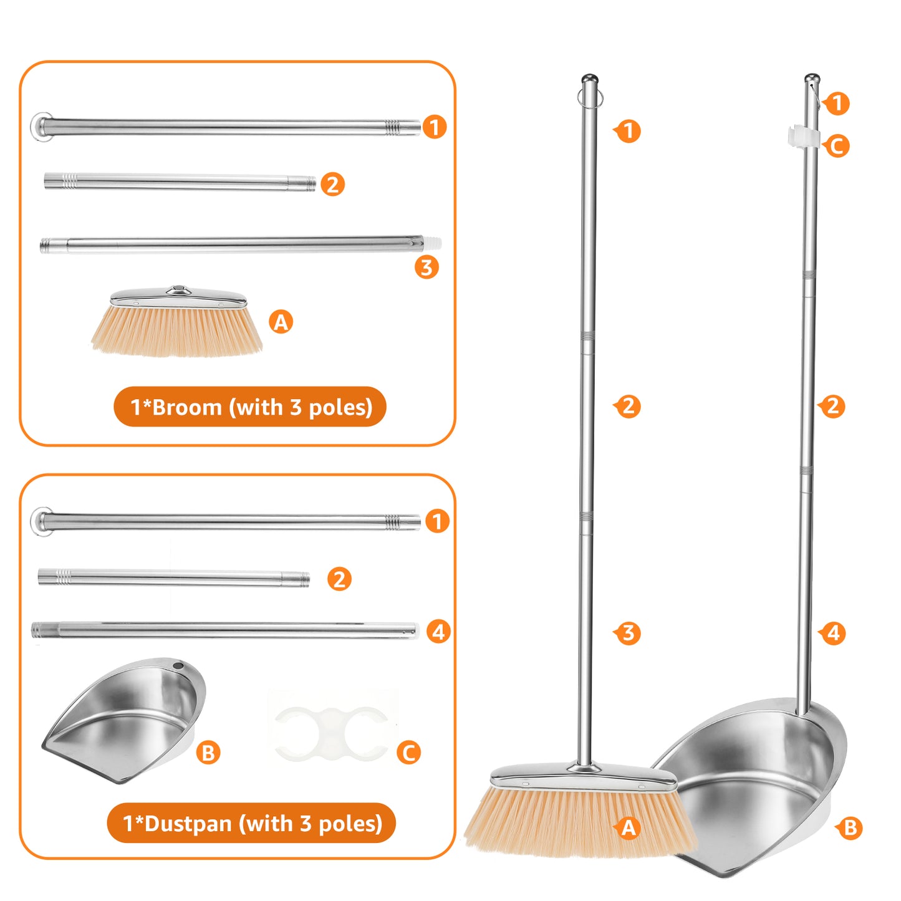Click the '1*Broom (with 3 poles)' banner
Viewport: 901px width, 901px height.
250,407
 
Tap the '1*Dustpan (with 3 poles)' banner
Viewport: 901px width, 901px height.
251,823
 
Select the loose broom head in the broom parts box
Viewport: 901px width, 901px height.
177,324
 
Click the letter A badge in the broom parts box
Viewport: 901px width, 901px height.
281,322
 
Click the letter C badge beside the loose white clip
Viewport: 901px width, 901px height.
409,753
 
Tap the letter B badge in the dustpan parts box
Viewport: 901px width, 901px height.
208,753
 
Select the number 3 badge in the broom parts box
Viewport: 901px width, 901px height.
427,267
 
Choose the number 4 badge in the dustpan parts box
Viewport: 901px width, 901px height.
439,632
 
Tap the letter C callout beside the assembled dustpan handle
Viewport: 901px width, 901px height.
837,147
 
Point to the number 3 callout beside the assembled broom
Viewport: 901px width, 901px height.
628,633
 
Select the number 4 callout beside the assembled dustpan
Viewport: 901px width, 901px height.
834,633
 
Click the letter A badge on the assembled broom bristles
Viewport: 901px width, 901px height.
629,827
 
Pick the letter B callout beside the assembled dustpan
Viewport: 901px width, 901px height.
850,828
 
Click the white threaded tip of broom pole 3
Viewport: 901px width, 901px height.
432,242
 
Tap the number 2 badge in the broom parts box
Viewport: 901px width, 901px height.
333,185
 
